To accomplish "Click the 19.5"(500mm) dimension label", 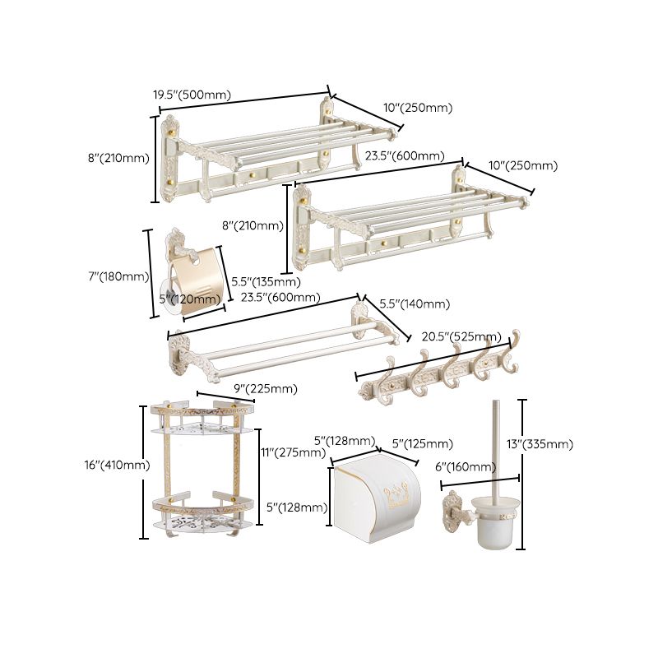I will pyautogui.click(x=192, y=95).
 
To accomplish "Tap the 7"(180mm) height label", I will pyautogui.click(x=118, y=276).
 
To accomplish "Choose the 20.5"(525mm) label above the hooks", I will pyautogui.click(x=461, y=336).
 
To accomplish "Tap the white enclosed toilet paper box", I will pyautogui.click(x=377, y=496).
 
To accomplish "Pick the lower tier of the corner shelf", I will pyautogui.click(x=202, y=510).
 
